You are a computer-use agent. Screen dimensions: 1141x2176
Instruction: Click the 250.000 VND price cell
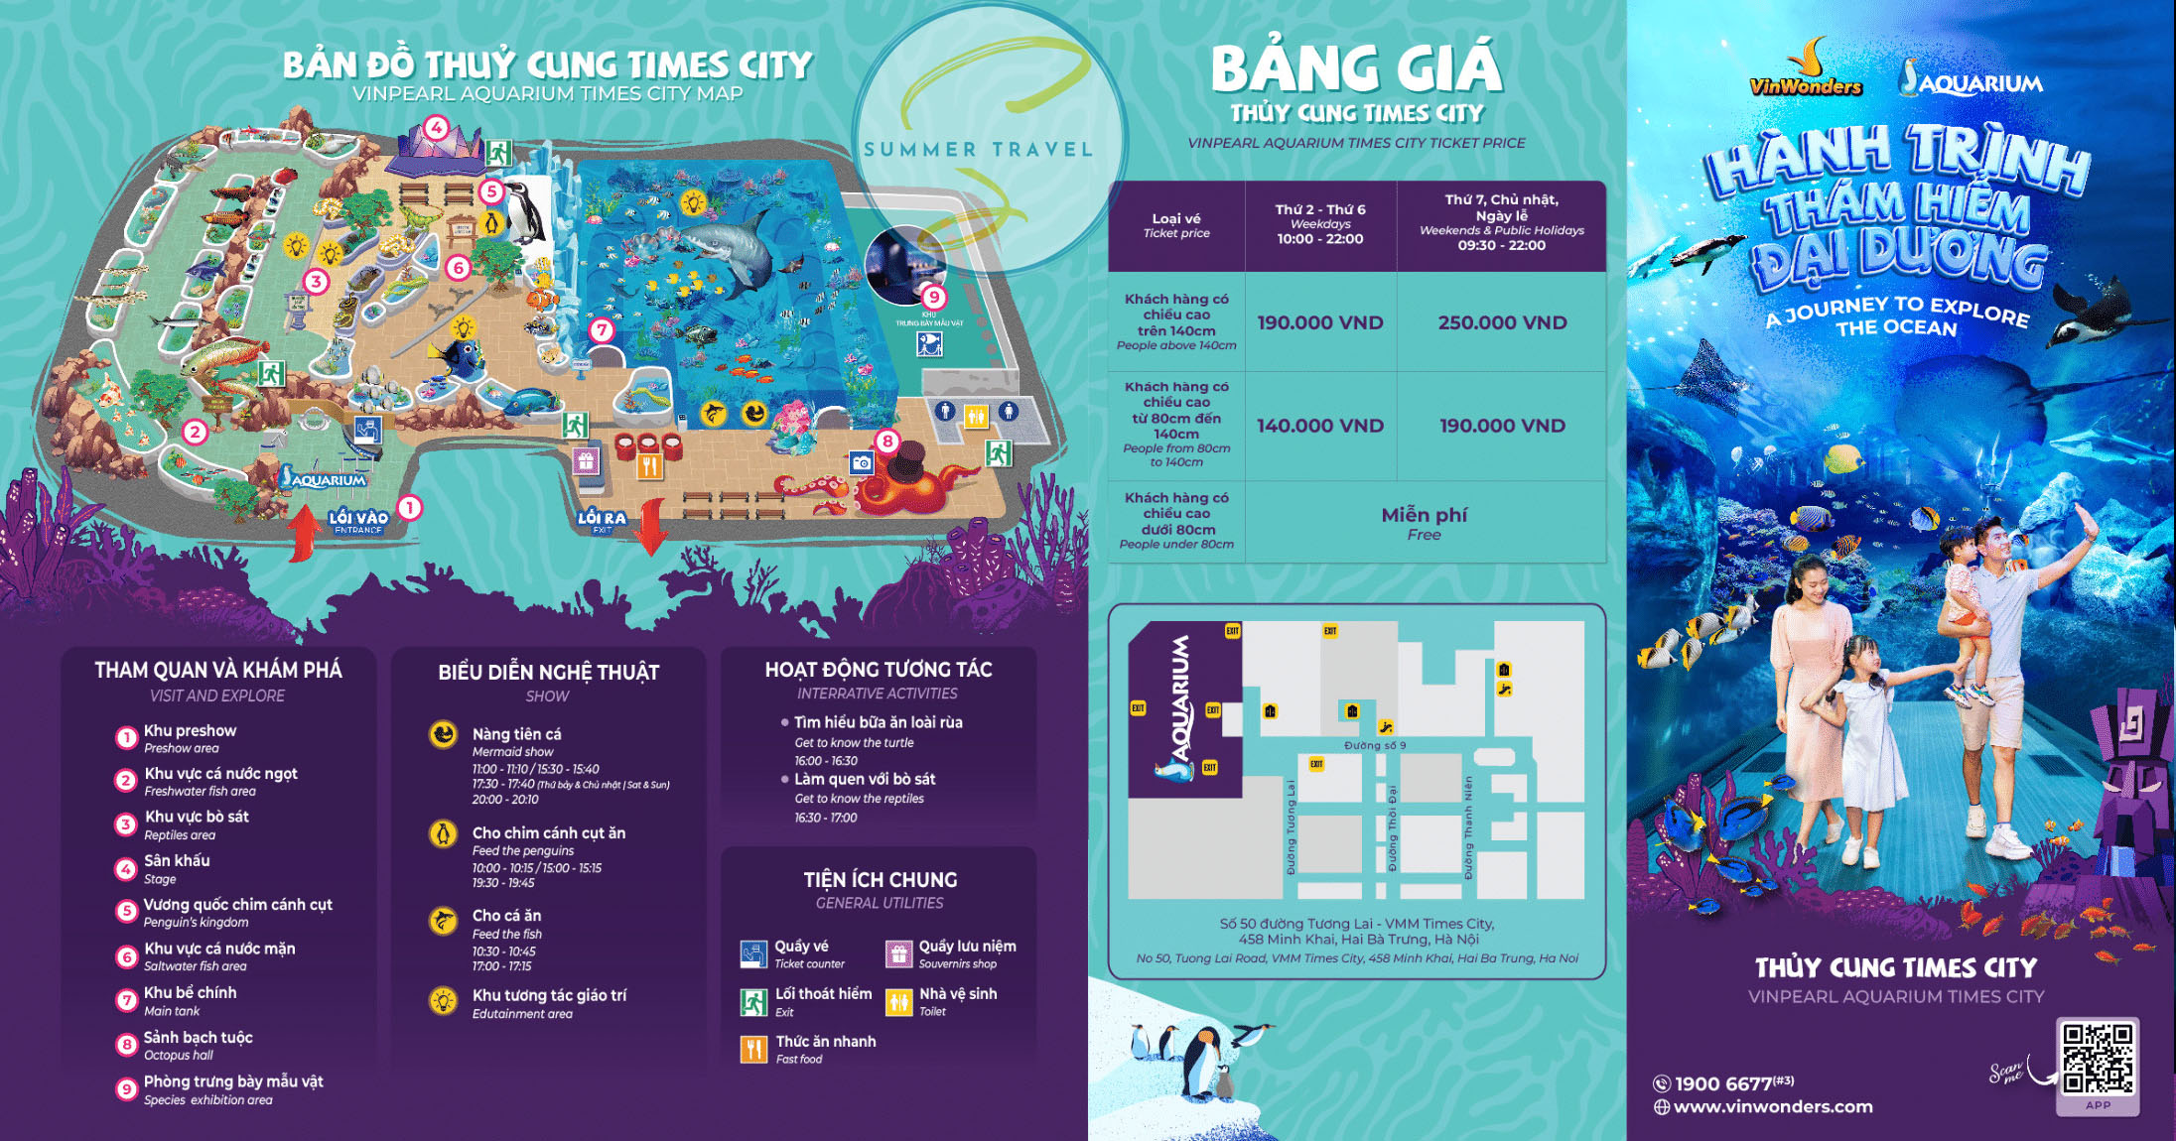(x=1502, y=322)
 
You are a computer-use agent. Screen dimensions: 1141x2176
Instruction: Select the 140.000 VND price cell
(x=1319, y=426)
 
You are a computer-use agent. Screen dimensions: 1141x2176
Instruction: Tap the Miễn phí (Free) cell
(x=1424, y=522)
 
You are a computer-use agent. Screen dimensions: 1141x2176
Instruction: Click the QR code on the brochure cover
(x=2097, y=1058)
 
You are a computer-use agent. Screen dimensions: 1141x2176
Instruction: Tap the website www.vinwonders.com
(x=1772, y=1106)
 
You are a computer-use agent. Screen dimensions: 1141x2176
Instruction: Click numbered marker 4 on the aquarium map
(x=436, y=128)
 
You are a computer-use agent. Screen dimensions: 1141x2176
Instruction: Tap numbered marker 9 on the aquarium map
(x=933, y=297)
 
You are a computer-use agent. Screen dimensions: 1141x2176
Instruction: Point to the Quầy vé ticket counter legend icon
(x=753, y=953)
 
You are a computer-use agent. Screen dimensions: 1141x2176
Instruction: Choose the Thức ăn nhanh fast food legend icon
(x=753, y=1049)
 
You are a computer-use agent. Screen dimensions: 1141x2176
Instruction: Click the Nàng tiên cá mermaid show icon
(x=443, y=734)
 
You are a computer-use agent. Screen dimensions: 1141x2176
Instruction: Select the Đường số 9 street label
(x=1375, y=745)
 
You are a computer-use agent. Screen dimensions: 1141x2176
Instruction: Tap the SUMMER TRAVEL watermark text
(x=978, y=150)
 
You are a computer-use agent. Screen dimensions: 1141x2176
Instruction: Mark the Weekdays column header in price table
(x=1319, y=224)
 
